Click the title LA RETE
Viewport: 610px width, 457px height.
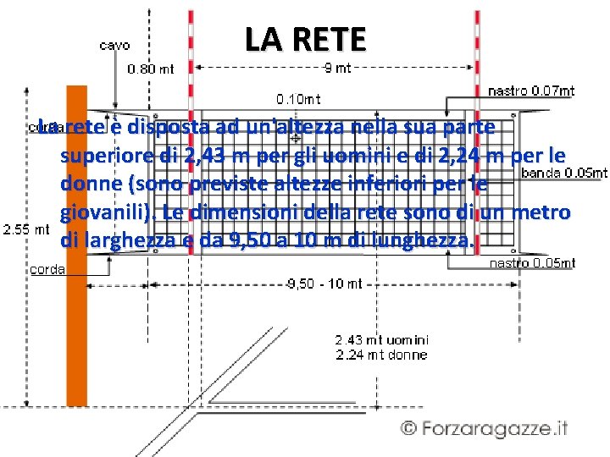pos(305,38)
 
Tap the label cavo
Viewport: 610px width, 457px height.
pos(114,46)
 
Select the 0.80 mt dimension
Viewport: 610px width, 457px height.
pos(150,69)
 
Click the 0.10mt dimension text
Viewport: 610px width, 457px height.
pos(299,99)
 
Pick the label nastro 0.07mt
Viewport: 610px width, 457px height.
pos(533,91)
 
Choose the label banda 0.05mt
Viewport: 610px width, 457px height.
pos(564,173)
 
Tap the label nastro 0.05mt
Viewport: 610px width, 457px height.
pos(533,263)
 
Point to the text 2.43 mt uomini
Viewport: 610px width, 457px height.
pos(380,340)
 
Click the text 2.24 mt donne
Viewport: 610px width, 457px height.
pos(380,355)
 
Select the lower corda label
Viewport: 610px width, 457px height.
pos(47,270)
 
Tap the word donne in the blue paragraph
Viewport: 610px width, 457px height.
pos(86,184)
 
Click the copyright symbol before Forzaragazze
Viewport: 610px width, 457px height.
pos(409,427)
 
